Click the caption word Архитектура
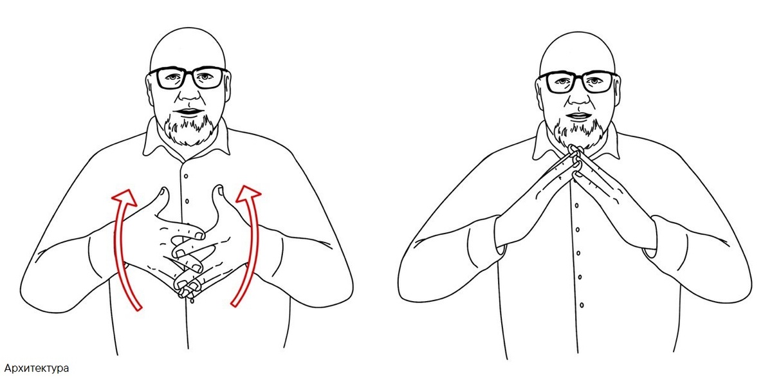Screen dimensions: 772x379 pyautogui.click(x=36, y=368)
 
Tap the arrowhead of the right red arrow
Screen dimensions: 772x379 pyautogui.click(x=248, y=194)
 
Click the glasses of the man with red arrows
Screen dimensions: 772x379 pyautogui.click(x=189, y=78)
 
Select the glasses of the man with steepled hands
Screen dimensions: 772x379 pyautogui.click(x=579, y=82)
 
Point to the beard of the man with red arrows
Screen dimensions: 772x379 pyautogui.click(x=189, y=129)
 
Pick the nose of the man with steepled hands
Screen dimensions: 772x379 pyautogui.click(x=580, y=97)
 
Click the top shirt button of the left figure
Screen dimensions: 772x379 pyautogui.click(x=186, y=176)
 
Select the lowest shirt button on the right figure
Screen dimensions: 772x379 pyautogui.click(x=582, y=305)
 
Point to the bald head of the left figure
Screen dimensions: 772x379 pyautogui.click(x=188, y=48)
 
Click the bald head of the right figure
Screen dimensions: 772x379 pyautogui.click(x=578, y=52)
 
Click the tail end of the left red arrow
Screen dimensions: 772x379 pyautogui.click(x=138, y=308)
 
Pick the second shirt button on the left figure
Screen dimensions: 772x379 pyautogui.click(x=187, y=201)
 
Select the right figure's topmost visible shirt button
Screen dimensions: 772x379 pyautogui.click(x=576, y=205)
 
